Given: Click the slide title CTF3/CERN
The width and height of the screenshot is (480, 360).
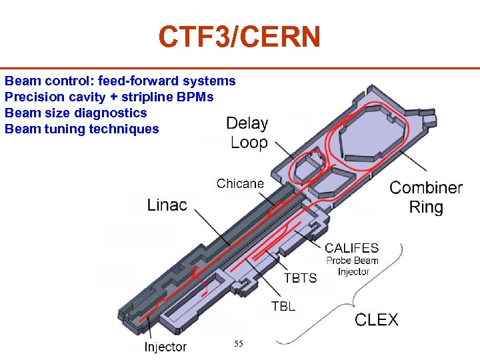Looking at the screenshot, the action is click(239, 37).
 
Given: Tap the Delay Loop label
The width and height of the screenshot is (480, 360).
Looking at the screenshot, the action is click(247, 133).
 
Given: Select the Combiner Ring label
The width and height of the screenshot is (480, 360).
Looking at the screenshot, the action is click(426, 197).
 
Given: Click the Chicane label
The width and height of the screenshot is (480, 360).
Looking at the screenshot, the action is click(240, 183).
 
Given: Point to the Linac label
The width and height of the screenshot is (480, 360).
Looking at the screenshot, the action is click(167, 205).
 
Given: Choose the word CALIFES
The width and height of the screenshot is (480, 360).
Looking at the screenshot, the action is click(352, 249).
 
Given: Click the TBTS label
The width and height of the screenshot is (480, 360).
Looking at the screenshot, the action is click(301, 277).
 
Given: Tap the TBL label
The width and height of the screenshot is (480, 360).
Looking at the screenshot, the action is click(283, 307).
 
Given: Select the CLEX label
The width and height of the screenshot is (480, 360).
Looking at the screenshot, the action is click(377, 320).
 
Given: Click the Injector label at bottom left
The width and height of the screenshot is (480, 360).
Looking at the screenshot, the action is click(165, 347).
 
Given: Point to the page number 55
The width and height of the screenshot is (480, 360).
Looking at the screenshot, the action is click(239, 343).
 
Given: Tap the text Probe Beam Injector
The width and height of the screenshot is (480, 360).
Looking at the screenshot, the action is click(353, 266).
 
